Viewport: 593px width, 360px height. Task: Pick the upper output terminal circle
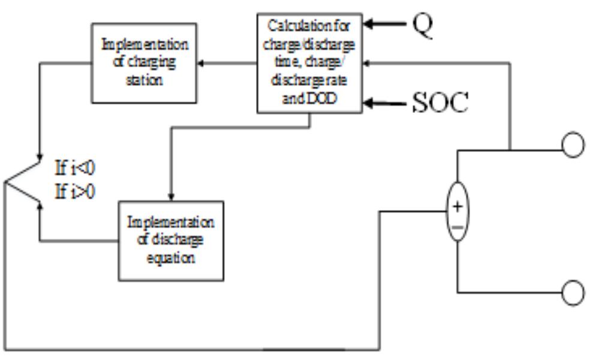point(573,146)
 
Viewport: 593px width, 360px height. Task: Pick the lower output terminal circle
point(573,292)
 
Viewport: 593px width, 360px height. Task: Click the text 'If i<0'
point(75,168)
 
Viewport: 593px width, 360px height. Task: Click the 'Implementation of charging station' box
point(145,62)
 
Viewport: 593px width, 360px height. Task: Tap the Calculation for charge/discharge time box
point(309,62)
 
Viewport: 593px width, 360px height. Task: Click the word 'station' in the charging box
point(145,79)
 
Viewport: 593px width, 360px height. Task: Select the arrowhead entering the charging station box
point(203,62)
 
